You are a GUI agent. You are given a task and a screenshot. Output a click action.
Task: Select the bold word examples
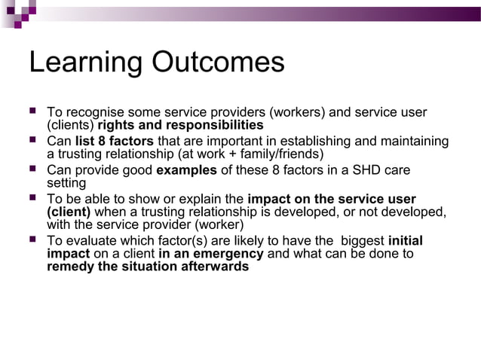[186, 170]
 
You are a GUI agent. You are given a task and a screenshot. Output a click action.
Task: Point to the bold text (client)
[69, 212]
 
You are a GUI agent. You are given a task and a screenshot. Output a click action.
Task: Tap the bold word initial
[405, 241]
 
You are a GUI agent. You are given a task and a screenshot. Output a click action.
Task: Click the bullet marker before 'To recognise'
[33, 112]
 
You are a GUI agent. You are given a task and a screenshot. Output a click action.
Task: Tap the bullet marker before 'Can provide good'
[33, 170]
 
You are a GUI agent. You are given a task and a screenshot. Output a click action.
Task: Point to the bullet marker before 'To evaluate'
[33, 240]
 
